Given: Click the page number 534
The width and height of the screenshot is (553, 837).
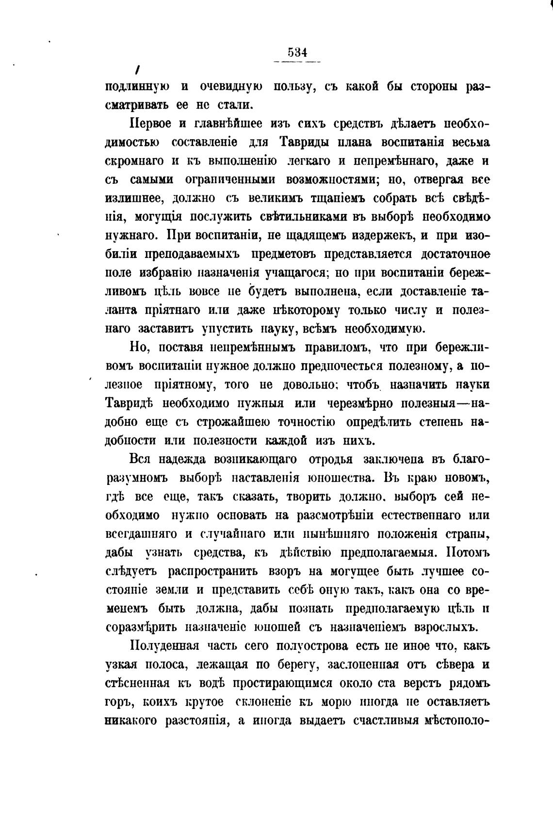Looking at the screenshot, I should pyautogui.click(x=297, y=52).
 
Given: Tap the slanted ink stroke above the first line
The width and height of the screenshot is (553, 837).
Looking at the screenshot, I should pyautogui.click(x=138, y=70).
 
